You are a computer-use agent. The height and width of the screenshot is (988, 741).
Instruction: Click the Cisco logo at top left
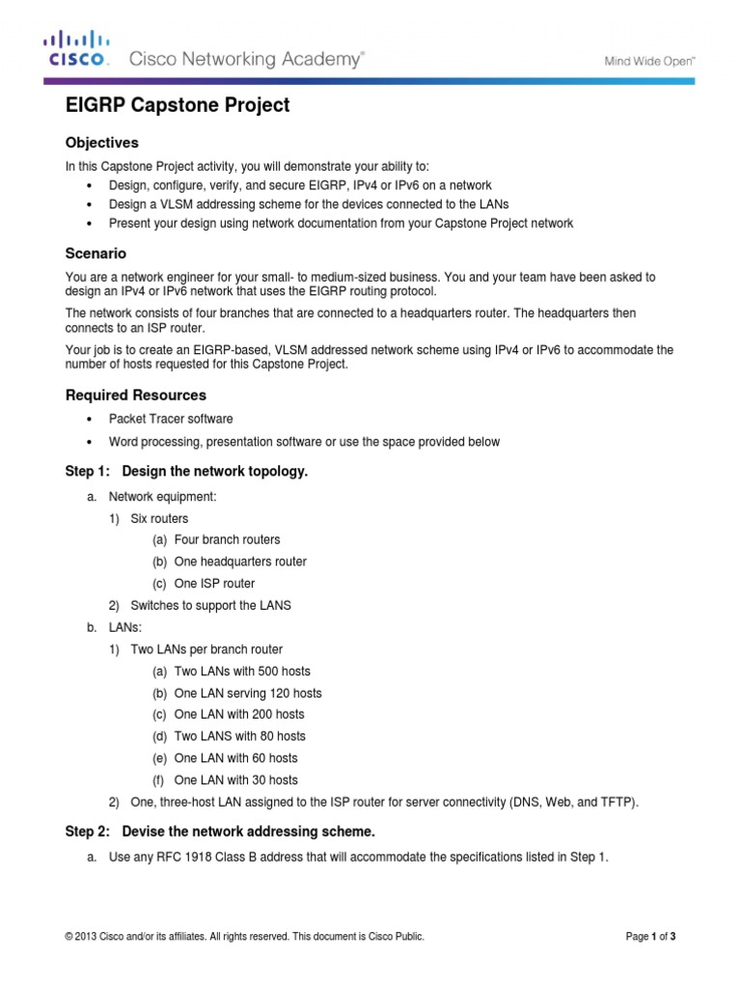(x=76, y=50)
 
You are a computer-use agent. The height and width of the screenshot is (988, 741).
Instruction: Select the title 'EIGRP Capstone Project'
(x=177, y=106)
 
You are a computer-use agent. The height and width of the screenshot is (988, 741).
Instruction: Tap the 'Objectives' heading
(x=101, y=143)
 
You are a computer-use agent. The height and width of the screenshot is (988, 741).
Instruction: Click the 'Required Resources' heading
(x=135, y=396)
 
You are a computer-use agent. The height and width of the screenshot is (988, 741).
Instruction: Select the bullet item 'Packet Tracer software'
(x=170, y=419)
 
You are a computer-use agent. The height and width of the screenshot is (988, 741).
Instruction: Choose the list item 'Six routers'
(x=159, y=518)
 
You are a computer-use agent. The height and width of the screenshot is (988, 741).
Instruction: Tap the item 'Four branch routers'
(x=228, y=539)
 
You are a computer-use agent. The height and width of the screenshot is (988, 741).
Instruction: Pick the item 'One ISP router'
(x=214, y=584)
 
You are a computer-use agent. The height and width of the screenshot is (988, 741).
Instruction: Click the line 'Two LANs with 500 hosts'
(x=242, y=671)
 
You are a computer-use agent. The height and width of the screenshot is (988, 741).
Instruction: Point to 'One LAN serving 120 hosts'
(x=248, y=693)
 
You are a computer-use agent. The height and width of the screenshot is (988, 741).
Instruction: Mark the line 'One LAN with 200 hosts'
(x=239, y=714)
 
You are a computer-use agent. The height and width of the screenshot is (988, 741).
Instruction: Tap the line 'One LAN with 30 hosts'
(x=235, y=780)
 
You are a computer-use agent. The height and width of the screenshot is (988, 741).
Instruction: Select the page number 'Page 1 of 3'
(x=655, y=937)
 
